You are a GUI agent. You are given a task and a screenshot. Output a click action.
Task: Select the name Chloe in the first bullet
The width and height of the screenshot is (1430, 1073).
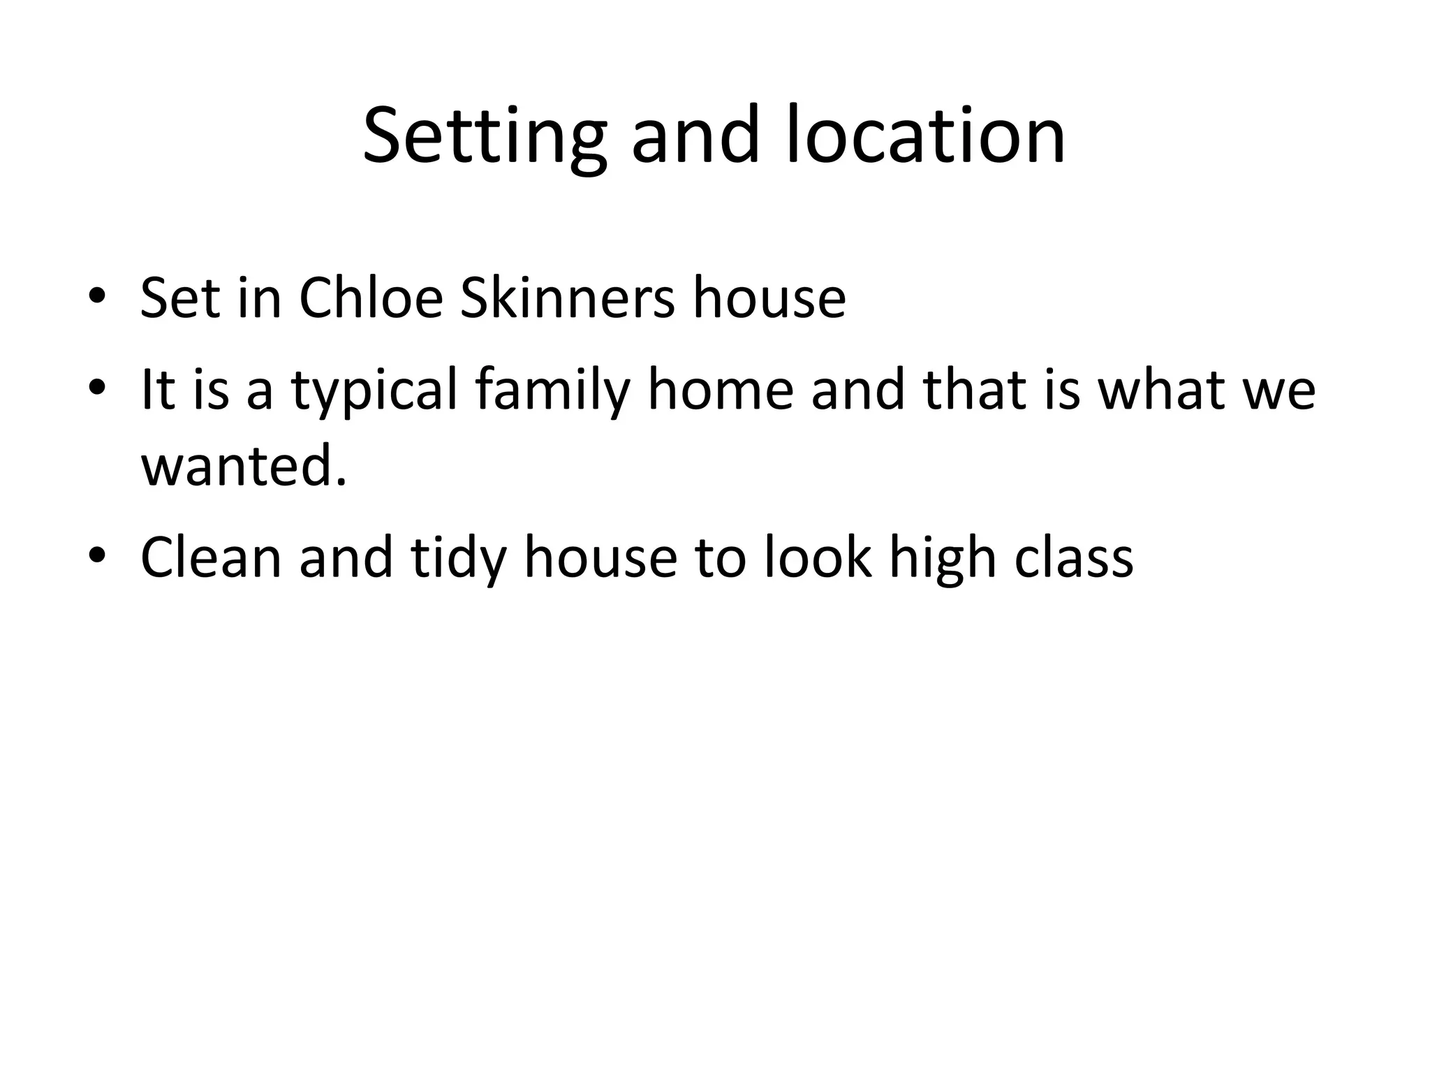click(x=371, y=298)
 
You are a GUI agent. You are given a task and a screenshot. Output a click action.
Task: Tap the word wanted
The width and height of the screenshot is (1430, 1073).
click(x=244, y=466)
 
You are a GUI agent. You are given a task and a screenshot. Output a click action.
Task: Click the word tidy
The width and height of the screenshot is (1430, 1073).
click(x=458, y=557)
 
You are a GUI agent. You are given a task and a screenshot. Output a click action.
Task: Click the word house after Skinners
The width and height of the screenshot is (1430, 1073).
click(x=769, y=298)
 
